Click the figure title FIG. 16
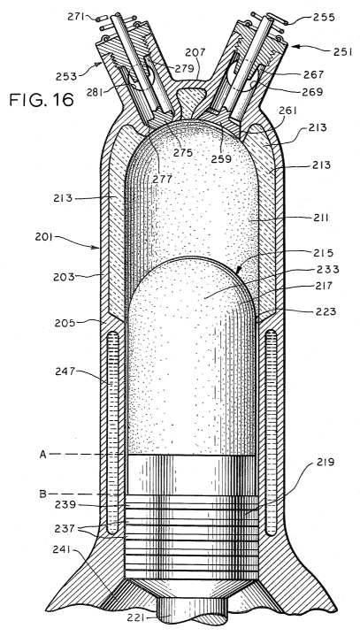(x=42, y=99)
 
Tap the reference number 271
(x=76, y=17)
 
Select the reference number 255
(x=324, y=18)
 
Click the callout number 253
(x=66, y=76)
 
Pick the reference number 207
(x=195, y=53)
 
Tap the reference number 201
(x=44, y=236)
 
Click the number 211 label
(x=321, y=218)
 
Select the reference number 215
(x=323, y=253)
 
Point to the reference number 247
(x=65, y=372)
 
